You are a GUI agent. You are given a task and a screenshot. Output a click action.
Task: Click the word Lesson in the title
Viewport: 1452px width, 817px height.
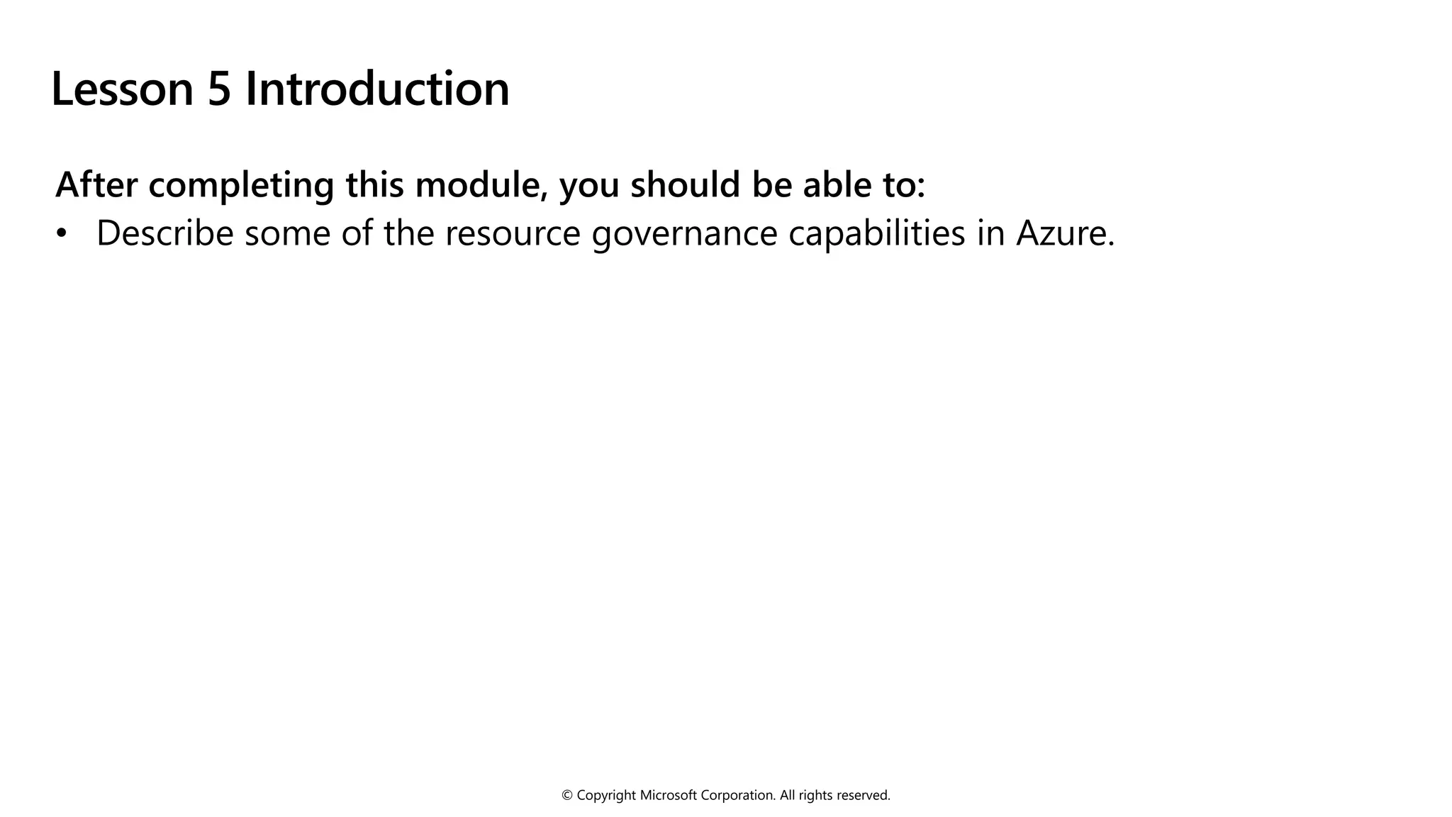tap(122, 89)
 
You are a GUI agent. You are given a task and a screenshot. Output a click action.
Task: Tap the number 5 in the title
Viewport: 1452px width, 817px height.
tap(219, 89)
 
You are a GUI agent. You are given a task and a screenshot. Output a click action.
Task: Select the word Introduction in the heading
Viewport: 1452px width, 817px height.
tap(377, 89)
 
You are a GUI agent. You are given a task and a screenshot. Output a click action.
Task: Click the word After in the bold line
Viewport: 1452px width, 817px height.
tap(96, 184)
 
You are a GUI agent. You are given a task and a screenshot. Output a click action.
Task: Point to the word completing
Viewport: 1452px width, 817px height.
tap(241, 186)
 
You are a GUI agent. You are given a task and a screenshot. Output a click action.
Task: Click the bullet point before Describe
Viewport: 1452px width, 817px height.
tap(62, 233)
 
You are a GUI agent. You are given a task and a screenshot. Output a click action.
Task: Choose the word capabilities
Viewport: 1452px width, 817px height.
tap(876, 234)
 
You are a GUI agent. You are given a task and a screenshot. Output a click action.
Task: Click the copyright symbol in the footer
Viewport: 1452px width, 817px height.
tap(567, 796)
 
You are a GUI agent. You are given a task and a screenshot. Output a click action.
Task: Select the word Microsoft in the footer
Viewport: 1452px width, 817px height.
tap(669, 796)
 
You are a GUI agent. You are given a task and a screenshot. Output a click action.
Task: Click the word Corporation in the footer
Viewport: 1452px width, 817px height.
tap(738, 796)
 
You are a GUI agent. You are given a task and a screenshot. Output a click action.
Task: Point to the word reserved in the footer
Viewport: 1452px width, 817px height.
tap(864, 796)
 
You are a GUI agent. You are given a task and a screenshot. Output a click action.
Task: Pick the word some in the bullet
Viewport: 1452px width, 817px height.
tap(287, 234)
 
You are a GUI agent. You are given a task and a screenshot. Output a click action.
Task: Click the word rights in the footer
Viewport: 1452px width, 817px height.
tap(816, 796)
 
